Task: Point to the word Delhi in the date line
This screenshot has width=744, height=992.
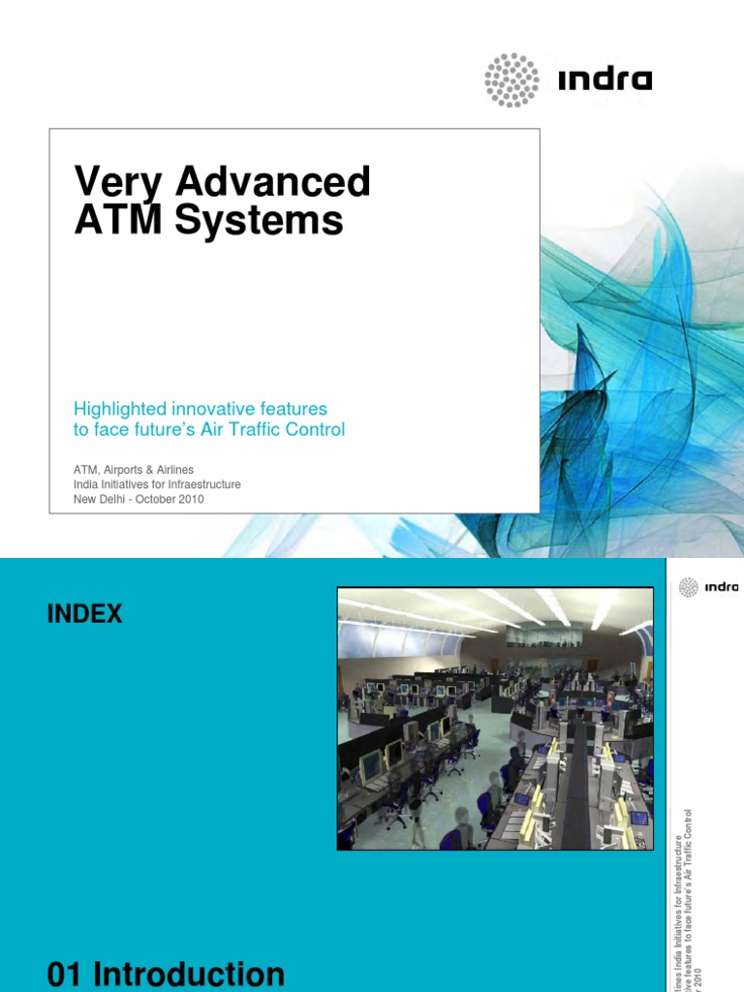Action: pos(119,500)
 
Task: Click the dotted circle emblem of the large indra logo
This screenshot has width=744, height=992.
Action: pos(511,79)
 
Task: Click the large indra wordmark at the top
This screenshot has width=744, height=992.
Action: pos(605,79)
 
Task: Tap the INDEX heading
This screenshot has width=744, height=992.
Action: pos(85,613)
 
